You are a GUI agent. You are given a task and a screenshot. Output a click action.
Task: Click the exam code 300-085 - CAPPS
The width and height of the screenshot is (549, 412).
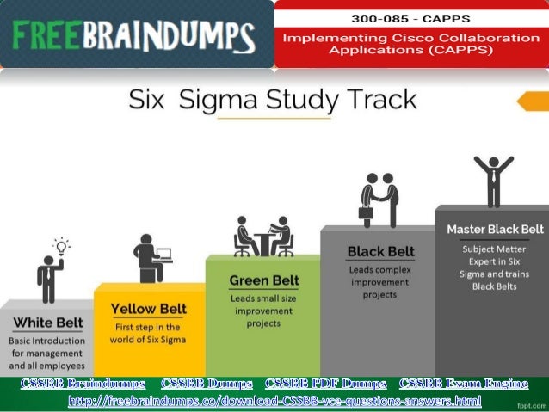pos(411,17)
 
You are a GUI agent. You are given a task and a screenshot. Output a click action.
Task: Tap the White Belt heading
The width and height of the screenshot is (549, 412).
pos(48,323)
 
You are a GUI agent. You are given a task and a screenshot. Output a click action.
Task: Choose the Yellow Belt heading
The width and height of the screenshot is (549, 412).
pos(148,309)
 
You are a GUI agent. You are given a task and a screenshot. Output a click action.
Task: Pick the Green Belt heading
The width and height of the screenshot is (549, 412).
pos(263,280)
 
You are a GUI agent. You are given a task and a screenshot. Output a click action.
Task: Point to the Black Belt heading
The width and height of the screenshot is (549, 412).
pos(380,251)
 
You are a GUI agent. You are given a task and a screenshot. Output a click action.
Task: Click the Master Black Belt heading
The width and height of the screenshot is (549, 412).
pos(495,230)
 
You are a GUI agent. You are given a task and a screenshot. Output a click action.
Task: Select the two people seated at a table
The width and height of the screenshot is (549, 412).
pos(263,236)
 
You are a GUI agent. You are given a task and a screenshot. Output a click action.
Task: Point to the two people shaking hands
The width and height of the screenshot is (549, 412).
pos(379,199)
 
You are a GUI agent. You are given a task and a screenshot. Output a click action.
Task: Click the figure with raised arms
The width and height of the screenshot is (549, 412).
pos(493,179)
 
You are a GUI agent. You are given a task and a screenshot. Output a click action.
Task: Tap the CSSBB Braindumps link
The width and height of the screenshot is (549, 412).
pos(83,383)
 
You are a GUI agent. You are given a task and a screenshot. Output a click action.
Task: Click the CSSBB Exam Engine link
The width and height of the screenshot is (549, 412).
pos(464,383)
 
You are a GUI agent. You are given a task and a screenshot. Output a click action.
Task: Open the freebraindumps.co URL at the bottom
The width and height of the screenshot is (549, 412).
pos(274,400)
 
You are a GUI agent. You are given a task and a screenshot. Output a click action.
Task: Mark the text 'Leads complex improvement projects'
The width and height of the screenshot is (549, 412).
pos(379,281)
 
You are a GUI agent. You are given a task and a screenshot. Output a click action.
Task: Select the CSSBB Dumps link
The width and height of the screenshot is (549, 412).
pos(206,383)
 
